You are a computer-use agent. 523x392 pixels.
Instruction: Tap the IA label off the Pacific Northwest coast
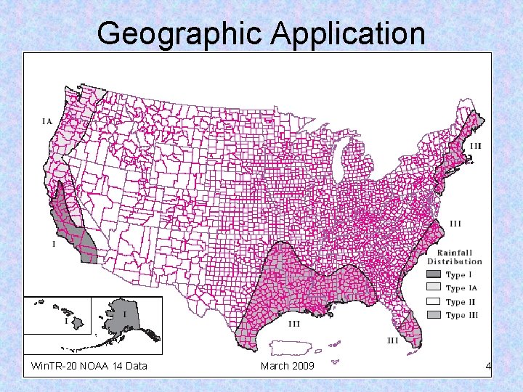(x=46, y=121)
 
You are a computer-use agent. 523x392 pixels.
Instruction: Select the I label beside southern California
(x=53, y=245)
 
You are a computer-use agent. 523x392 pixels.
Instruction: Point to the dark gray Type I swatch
(x=434, y=274)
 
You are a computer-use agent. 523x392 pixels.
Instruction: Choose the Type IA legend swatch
(x=434, y=287)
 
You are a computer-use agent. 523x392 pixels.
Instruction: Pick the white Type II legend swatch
(x=434, y=301)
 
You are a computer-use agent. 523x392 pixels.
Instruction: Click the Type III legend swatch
(x=434, y=315)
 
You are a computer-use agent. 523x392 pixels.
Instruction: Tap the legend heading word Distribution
(x=454, y=261)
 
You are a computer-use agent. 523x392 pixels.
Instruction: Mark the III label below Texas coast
(x=294, y=324)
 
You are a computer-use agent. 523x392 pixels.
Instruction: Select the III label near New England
(x=475, y=146)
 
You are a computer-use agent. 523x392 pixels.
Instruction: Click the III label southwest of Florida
(x=392, y=340)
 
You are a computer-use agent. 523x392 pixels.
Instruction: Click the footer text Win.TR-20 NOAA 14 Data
(x=89, y=366)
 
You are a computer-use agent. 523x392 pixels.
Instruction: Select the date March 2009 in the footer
(x=287, y=366)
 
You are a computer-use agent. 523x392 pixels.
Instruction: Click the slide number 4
(x=489, y=366)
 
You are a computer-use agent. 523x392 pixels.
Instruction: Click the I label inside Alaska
(x=124, y=314)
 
